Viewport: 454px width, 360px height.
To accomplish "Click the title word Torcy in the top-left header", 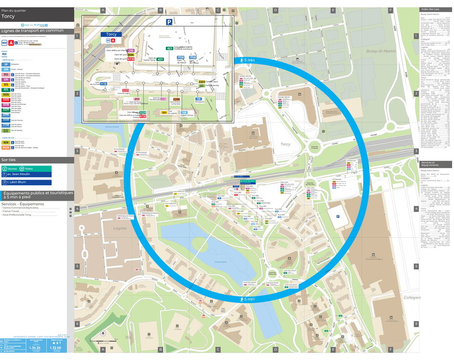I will click(x=8, y=16).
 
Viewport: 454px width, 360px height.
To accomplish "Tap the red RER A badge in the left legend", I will click(x=11, y=43).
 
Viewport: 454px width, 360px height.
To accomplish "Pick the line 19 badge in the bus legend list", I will click(x=6, y=64).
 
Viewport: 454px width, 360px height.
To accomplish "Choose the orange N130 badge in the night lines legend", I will click(x=6, y=147).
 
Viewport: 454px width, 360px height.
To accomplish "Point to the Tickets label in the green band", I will click(x=29, y=169).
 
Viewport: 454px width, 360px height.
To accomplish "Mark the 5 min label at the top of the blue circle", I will click(x=246, y=60).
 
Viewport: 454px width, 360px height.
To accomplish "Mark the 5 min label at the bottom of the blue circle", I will click(x=246, y=299).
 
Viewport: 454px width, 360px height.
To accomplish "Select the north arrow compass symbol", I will click(x=102, y=334).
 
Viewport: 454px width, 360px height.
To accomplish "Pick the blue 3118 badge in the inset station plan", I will click(x=103, y=84).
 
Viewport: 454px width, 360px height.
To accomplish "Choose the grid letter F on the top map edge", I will click(x=390, y=10).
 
